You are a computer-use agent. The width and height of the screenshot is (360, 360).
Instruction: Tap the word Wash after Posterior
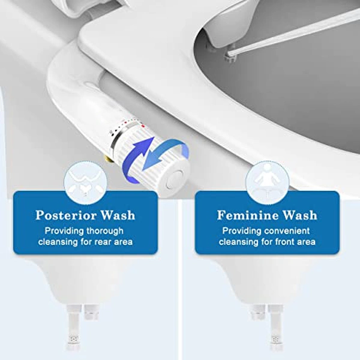[116, 215]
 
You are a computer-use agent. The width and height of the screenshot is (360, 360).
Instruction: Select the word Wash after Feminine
[299, 215]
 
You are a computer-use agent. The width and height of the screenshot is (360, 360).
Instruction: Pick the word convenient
[287, 231]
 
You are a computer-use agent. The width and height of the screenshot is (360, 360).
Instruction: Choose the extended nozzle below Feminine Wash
[275, 333]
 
